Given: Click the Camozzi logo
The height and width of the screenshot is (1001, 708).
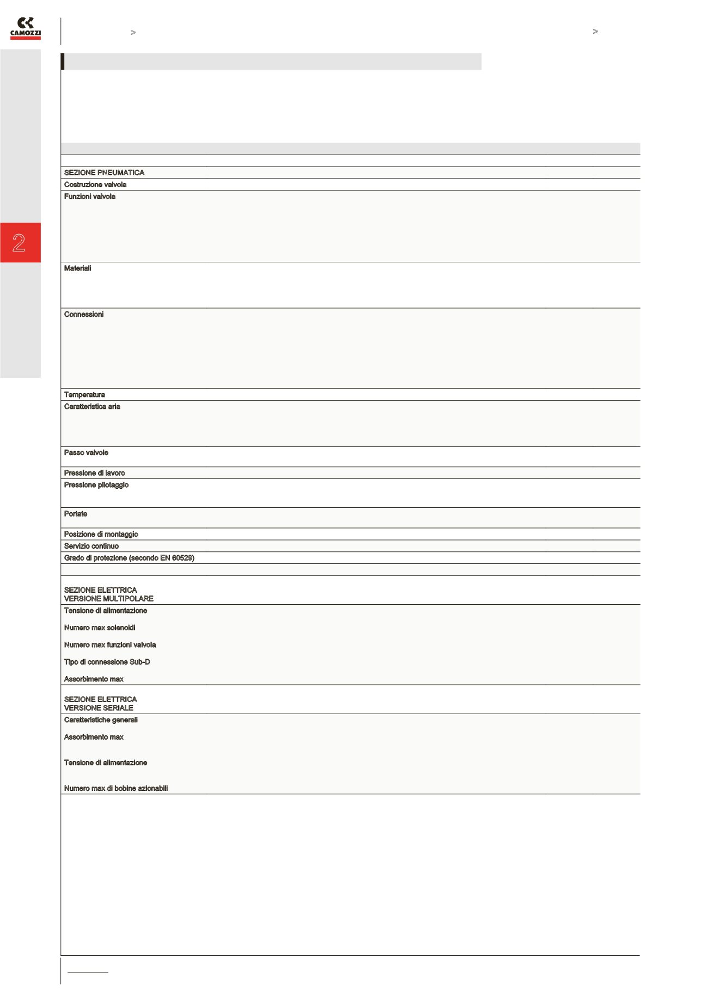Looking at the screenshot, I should (26, 28).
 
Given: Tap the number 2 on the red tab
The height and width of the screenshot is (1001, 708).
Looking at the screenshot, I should (19, 243).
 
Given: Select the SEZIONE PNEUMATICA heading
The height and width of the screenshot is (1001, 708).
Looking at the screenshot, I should (104, 173).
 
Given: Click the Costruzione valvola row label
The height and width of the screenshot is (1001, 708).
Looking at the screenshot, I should (95, 185).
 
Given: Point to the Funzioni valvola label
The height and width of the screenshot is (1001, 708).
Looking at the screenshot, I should (90, 196).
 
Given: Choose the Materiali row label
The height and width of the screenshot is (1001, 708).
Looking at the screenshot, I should (77, 268).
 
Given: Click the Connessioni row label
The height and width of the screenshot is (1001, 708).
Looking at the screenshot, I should (84, 315).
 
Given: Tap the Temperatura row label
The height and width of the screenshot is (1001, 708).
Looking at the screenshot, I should (84, 395).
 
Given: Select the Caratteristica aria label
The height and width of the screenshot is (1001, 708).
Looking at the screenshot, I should (92, 407).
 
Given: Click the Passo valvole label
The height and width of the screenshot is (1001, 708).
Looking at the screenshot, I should (86, 453).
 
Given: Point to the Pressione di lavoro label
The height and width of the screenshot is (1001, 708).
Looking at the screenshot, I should (94, 473).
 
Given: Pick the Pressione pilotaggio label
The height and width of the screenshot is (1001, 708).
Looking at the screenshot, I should (96, 485).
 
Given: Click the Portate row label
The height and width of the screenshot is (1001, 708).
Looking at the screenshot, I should (76, 514).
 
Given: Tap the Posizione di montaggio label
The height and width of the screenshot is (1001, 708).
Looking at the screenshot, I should (101, 535).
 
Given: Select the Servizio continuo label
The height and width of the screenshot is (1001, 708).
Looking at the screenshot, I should (91, 546).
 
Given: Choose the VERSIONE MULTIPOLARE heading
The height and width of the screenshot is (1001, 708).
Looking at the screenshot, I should (108, 599).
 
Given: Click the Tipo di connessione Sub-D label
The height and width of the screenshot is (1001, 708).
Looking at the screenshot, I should (107, 662).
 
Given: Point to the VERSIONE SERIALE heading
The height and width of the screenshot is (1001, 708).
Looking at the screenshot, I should (99, 708).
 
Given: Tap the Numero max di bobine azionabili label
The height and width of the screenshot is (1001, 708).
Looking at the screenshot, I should (115, 788).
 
